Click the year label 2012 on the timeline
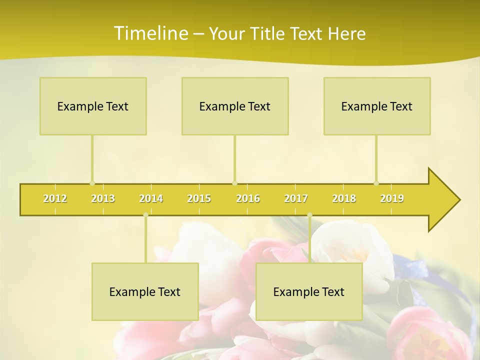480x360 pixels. (55, 198)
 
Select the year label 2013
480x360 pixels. (103, 198)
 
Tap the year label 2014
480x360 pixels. (151, 198)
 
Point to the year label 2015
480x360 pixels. (199, 198)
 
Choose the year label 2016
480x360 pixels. (248, 198)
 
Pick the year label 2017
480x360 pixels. (296, 198)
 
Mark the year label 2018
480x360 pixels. (344, 198)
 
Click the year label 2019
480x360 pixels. (392, 198)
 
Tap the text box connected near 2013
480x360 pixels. (93, 106)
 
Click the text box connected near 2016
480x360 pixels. (235, 106)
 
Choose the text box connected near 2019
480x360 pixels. (377, 106)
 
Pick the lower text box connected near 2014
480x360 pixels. (145, 291)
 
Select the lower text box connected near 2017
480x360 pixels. (309, 291)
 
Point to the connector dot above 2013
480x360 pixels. (92, 183)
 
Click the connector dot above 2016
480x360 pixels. (234, 183)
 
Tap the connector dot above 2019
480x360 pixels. (376, 183)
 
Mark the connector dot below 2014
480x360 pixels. (145, 215)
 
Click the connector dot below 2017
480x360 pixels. (309, 215)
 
